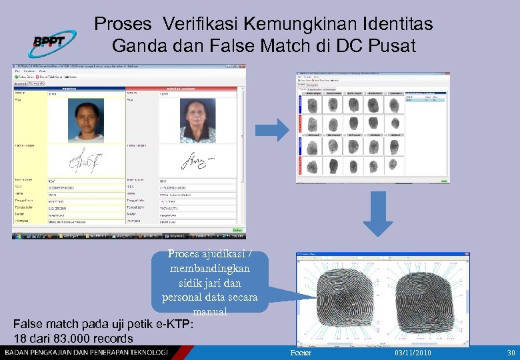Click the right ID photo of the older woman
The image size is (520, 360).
(x=199, y=119)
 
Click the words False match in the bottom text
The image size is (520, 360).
(x=45, y=324)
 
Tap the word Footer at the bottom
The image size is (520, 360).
(x=301, y=353)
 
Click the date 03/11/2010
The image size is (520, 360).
(x=413, y=353)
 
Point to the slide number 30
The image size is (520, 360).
(x=511, y=353)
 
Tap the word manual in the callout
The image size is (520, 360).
(x=210, y=311)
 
